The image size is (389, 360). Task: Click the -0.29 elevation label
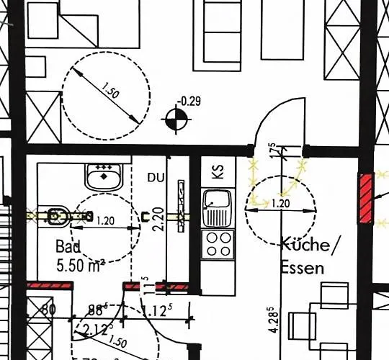click(190, 101)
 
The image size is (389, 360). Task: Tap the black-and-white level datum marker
click(174, 119)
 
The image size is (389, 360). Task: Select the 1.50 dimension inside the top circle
click(109, 93)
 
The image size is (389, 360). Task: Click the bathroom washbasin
click(104, 175)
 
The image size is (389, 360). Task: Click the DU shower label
click(156, 177)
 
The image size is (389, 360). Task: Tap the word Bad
click(68, 246)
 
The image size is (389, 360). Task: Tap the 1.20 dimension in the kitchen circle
click(282, 204)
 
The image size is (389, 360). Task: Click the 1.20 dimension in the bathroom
click(106, 220)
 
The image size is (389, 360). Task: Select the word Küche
click(305, 245)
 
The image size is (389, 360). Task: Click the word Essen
click(303, 268)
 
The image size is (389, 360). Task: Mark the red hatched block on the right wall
click(366, 197)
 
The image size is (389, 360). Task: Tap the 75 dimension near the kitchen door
click(272, 151)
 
